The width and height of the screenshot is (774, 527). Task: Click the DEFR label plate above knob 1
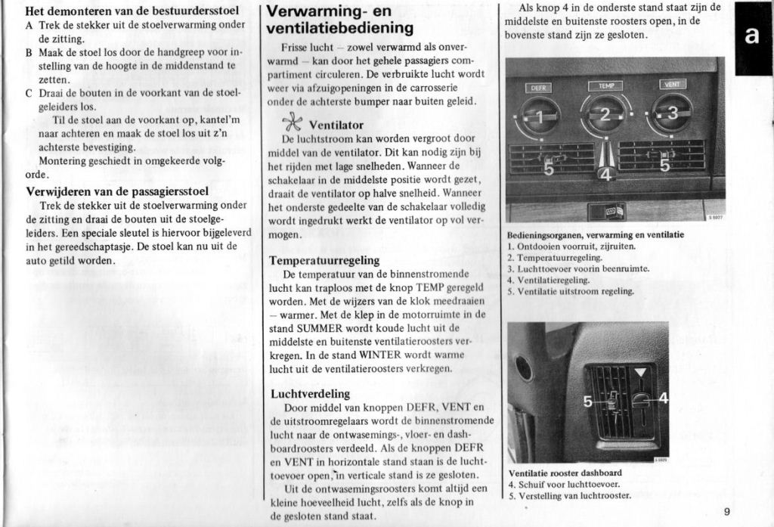[x=538, y=88]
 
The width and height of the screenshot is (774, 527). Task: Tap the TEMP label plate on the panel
[x=605, y=86]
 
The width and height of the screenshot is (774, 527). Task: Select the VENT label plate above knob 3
[x=672, y=84]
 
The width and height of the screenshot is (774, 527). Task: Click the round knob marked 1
[x=538, y=116]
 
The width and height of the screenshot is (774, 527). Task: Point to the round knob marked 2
[x=605, y=114]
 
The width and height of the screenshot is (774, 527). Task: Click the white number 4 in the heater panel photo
[x=604, y=174]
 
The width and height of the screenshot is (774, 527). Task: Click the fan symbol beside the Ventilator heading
[x=292, y=123]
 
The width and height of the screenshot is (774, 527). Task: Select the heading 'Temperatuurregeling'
[x=324, y=260]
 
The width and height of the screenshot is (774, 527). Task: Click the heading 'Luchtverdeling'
[x=310, y=393]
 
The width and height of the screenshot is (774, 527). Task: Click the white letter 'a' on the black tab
[x=752, y=37]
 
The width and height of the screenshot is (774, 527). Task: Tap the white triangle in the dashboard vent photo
[x=641, y=372]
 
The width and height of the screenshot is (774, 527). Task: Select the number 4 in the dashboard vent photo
[x=663, y=398]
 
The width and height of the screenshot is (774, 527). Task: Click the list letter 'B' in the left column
[x=29, y=53]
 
